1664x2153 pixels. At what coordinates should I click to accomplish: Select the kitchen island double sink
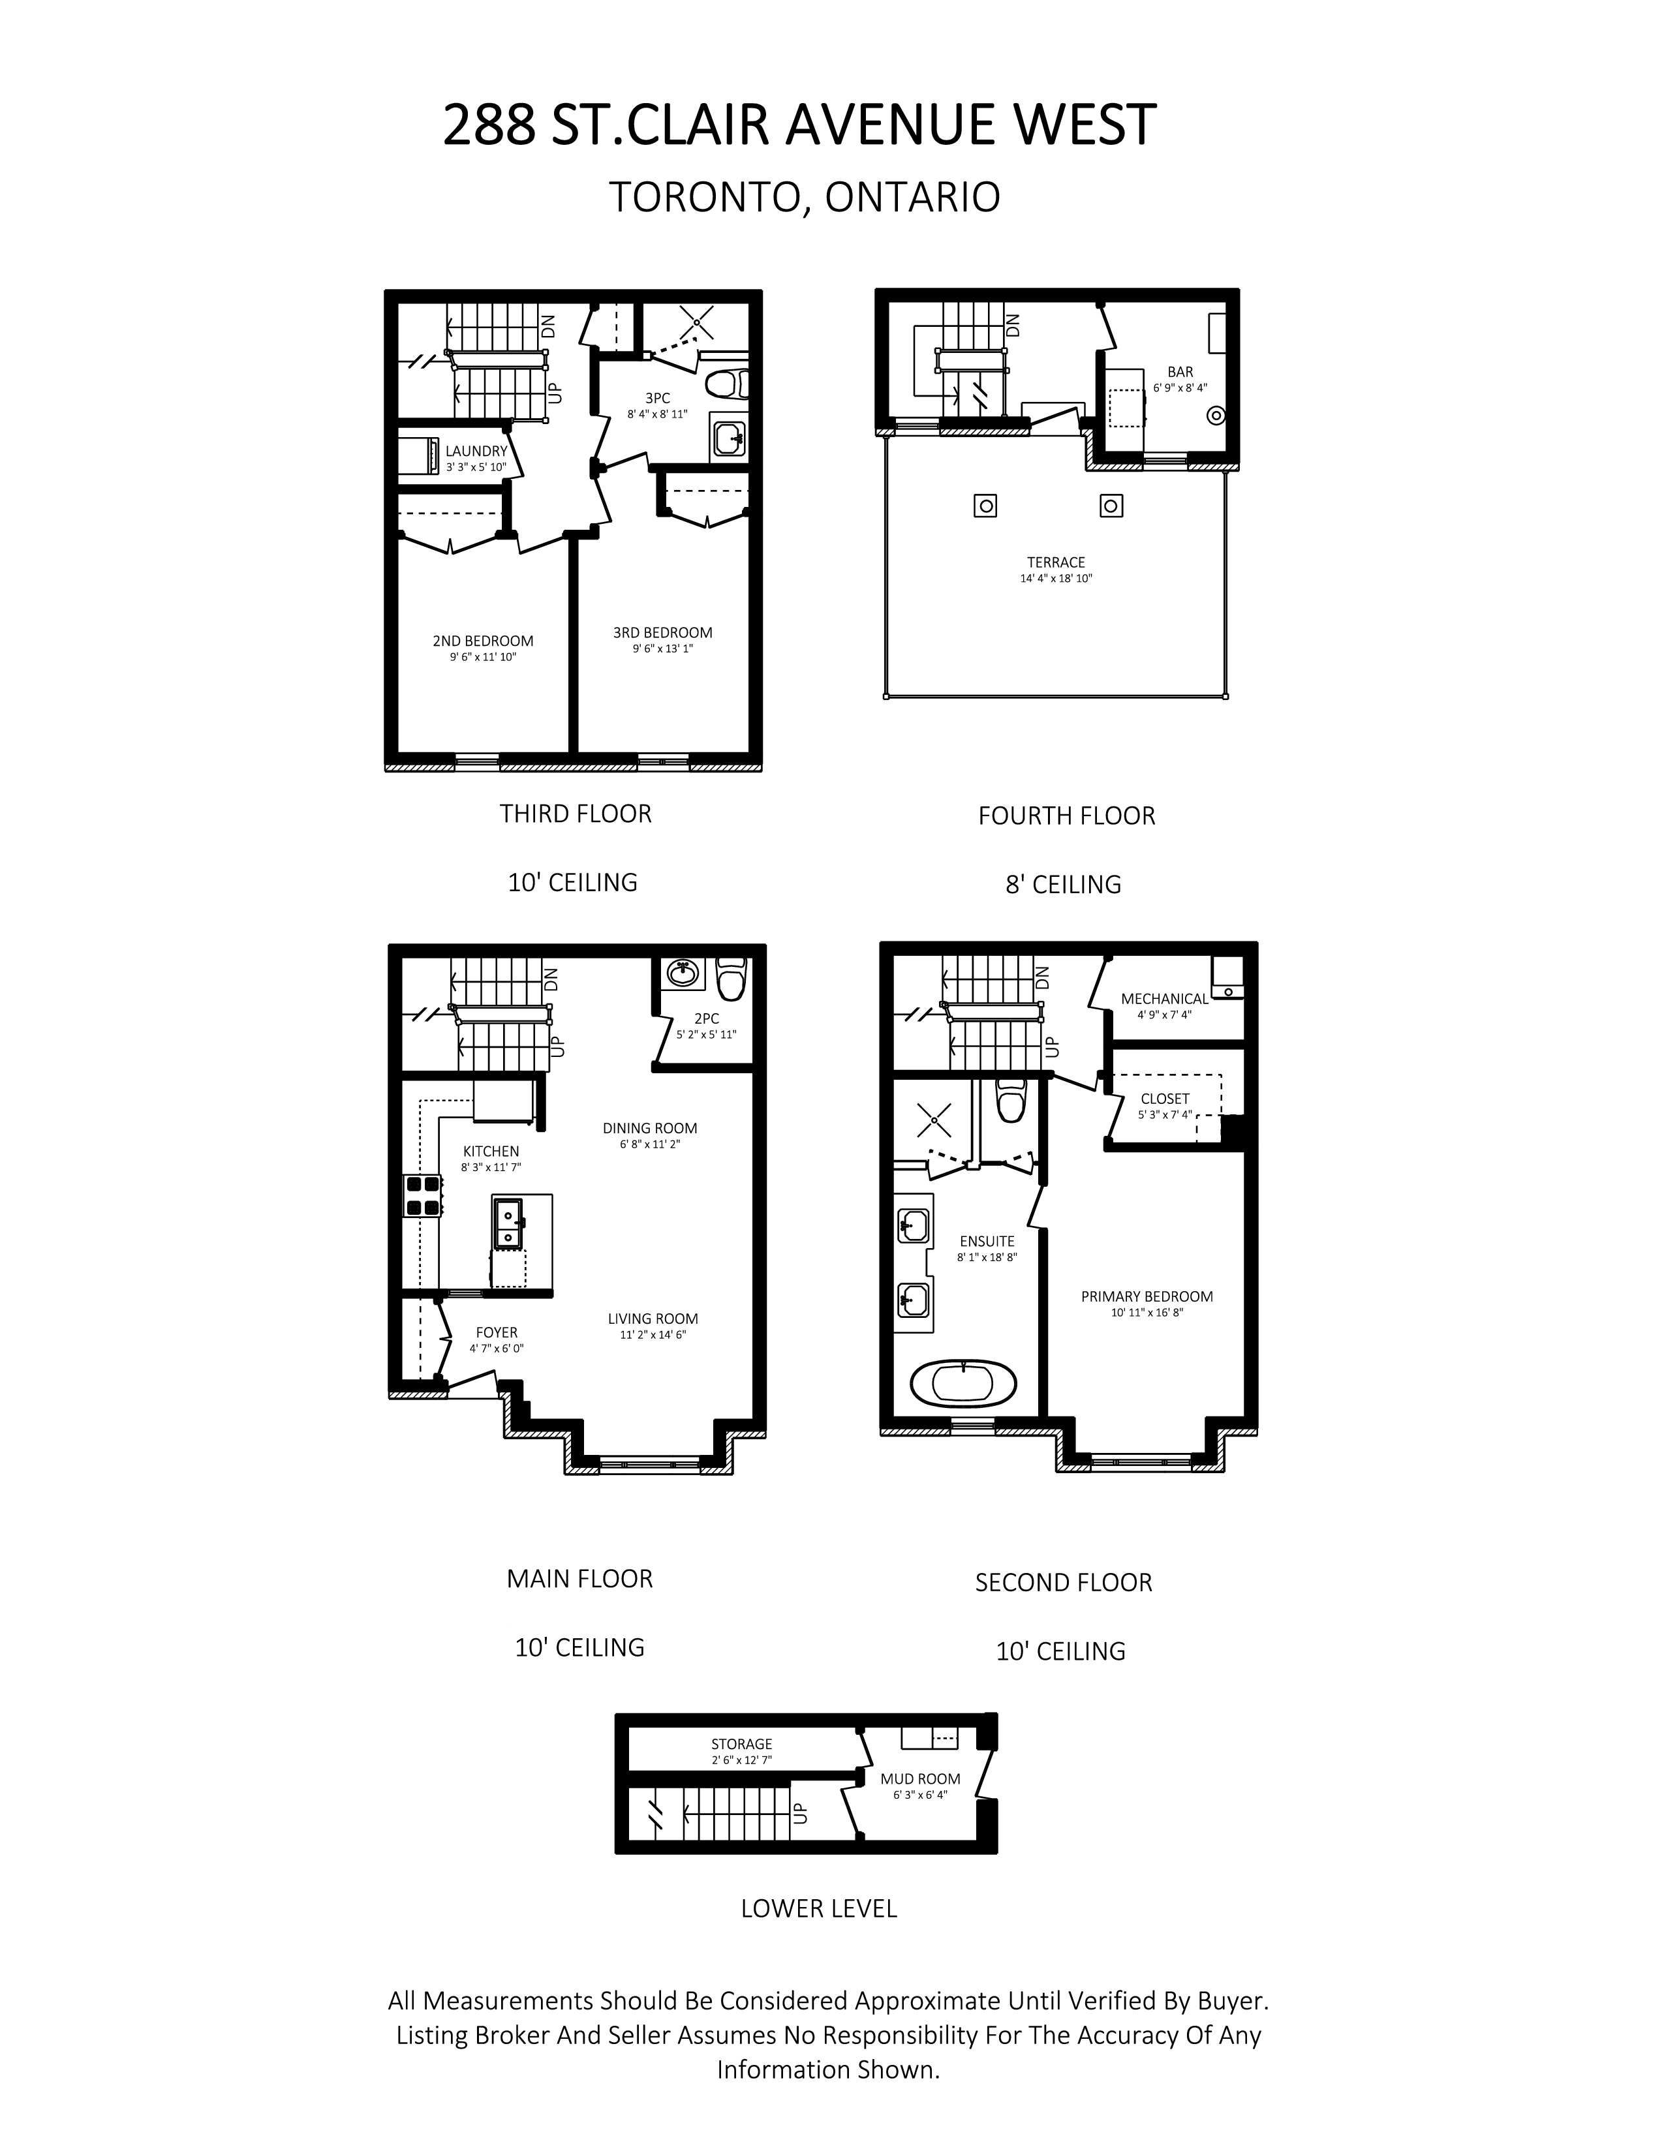pos(510,1223)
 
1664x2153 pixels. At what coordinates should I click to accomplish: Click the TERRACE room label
pos(1056,562)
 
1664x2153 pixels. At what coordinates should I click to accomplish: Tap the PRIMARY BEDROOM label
pos(1147,1296)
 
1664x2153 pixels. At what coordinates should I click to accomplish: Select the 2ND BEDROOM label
pos(483,641)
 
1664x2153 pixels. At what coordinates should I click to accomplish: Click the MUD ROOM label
pos(919,1779)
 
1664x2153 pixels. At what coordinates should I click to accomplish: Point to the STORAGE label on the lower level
pos(741,1744)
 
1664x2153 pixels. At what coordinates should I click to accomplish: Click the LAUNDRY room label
pos(476,451)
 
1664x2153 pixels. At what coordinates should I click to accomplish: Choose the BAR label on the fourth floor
pos(1180,372)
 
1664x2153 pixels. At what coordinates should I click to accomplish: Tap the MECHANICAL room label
pos(1164,999)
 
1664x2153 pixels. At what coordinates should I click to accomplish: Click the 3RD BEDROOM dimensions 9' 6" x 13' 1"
pos(662,649)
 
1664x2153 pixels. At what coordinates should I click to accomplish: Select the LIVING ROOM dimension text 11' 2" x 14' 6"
pos(653,1335)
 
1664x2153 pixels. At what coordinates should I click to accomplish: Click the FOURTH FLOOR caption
pos(1067,816)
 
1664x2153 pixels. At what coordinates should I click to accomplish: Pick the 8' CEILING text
pos(1064,884)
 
